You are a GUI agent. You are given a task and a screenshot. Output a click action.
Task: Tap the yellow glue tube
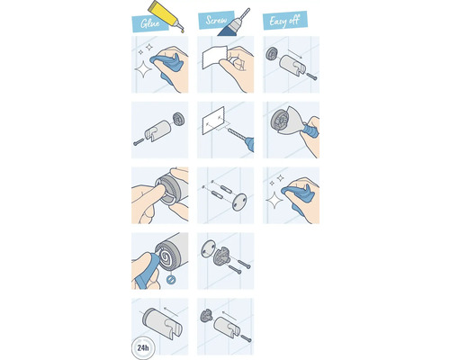pos(169,15)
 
